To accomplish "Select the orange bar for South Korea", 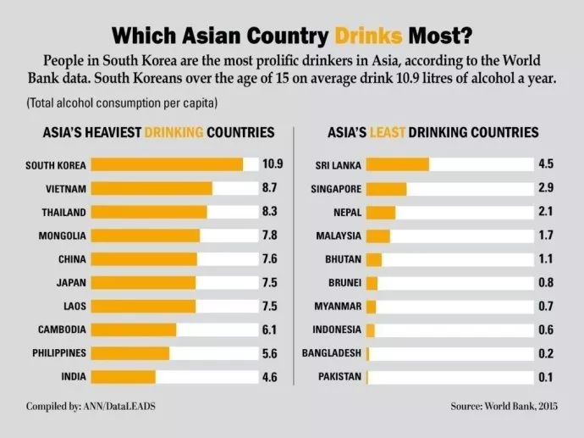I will point(167,164).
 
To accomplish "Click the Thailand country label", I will point(64,212).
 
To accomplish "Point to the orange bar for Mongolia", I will point(145,236).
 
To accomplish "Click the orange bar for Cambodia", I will point(133,330).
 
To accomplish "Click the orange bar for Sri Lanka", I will point(398,164).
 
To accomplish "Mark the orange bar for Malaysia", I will point(378,236).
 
